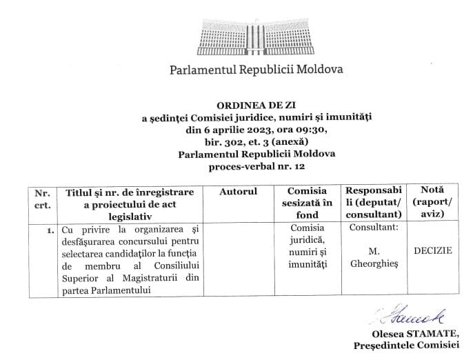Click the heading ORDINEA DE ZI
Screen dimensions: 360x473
[255, 106]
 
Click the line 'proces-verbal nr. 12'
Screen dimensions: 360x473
[256, 166]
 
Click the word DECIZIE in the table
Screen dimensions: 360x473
[432, 251]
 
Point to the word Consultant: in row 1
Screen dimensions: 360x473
[374, 227]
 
